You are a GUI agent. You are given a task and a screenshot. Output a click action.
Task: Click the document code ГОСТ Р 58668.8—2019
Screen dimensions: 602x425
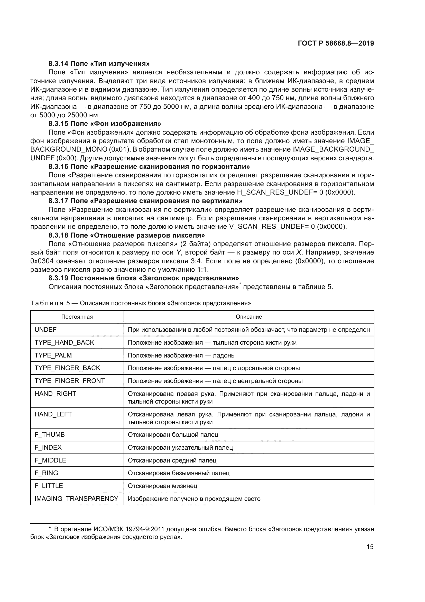click(336, 43)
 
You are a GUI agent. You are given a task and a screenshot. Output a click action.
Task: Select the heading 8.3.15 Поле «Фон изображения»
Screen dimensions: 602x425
click(105, 124)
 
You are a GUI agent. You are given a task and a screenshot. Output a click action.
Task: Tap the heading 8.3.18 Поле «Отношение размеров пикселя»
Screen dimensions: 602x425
click(127, 235)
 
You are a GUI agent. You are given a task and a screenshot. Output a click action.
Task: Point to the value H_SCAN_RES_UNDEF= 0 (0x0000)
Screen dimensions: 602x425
click(296, 192)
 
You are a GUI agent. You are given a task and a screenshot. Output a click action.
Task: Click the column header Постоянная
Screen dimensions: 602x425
click(77, 317)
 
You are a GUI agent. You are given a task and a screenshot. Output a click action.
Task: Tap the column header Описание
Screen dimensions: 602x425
click(249, 317)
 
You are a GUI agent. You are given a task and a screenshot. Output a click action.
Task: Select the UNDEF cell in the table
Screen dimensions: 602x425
click(45, 330)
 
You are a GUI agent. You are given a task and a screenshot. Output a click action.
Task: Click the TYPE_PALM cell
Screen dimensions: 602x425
click(53, 355)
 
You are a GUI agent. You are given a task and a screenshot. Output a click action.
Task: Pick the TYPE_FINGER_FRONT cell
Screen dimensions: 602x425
click(70, 381)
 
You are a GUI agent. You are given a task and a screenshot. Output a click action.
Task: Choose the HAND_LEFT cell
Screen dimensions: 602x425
click(53, 414)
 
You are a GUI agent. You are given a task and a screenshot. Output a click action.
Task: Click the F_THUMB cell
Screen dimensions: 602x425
click(50, 434)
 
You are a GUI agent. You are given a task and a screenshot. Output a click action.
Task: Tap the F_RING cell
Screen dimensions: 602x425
click(46, 473)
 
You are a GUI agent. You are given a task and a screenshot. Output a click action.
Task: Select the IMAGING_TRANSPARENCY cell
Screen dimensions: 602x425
click(76, 499)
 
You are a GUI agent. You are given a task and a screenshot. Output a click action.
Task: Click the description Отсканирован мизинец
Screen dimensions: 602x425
click(162, 486)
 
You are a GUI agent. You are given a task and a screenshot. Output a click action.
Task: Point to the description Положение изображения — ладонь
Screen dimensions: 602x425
click(181, 355)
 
